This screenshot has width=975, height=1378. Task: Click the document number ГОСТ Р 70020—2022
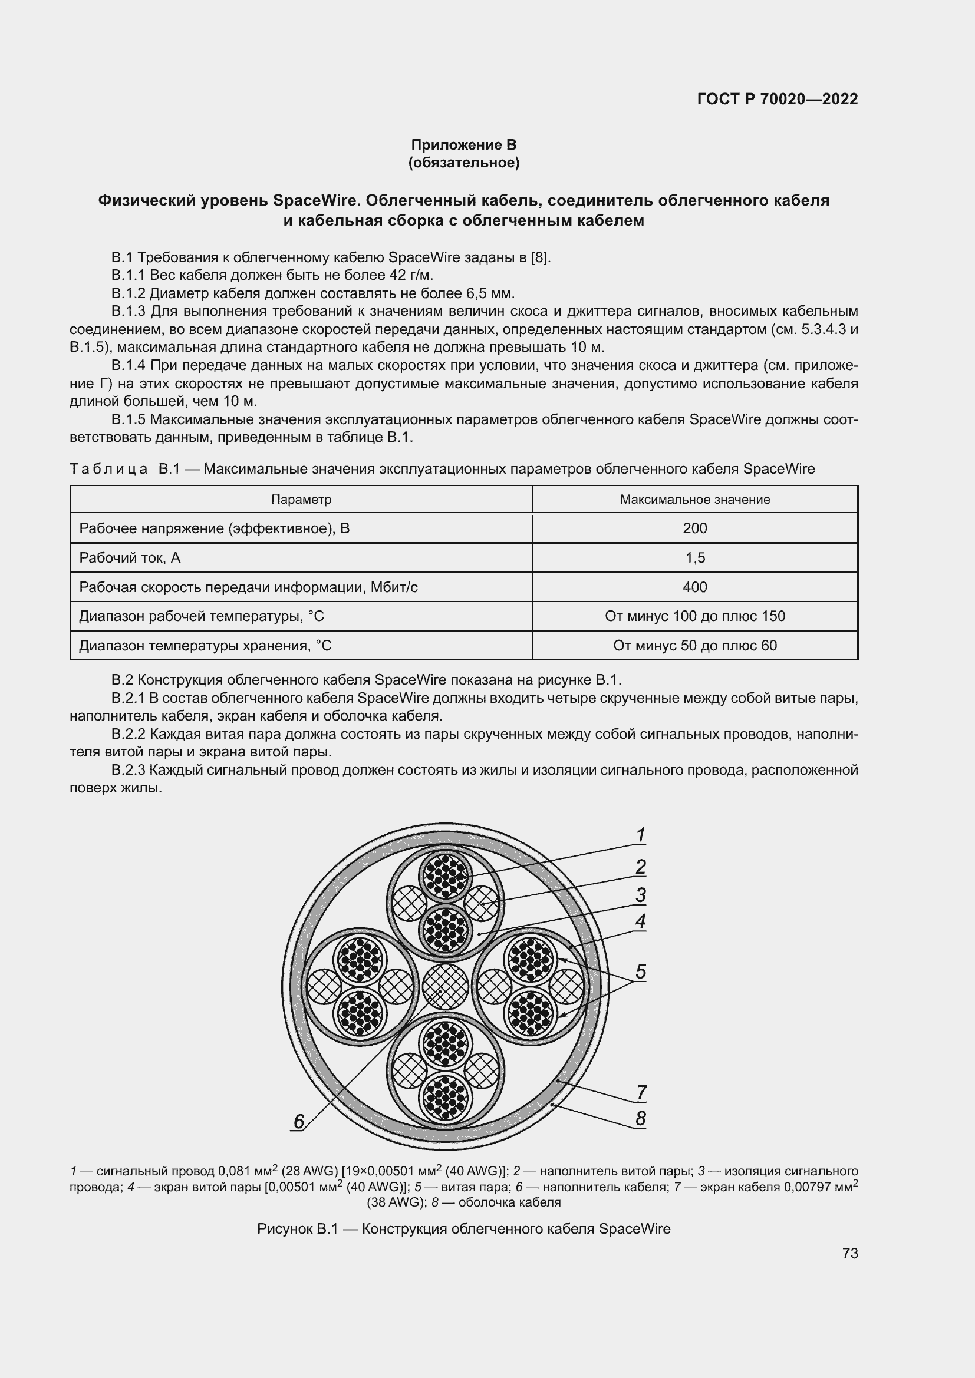tap(778, 99)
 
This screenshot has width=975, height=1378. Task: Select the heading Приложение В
tap(463, 145)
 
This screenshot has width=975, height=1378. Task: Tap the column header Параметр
tap(301, 500)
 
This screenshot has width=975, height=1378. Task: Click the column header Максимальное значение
tap(694, 500)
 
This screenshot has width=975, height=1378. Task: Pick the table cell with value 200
tap(694, 528)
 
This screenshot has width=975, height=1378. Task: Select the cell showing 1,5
tap(694, 557)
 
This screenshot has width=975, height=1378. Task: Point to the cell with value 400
tap(694, 587)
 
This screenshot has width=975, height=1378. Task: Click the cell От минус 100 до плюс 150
tap(694, 616)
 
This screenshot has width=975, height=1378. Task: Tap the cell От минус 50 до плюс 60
tap(694, 646)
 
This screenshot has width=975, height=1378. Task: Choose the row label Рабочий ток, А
tap(130, 557)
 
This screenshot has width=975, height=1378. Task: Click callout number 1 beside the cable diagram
tap(641, 835)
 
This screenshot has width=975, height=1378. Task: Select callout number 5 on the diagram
tap(641, 971)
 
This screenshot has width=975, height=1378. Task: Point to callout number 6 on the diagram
tap(298, 1121)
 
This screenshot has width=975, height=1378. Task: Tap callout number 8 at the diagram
tap(641, 1119)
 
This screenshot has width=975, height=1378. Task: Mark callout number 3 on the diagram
tap(641, 895)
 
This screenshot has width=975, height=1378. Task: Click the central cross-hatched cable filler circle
tap(445, 987)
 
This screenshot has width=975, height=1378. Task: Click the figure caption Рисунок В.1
tap(463, 1229)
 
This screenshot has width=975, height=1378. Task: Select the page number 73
tap(850, 1254)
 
